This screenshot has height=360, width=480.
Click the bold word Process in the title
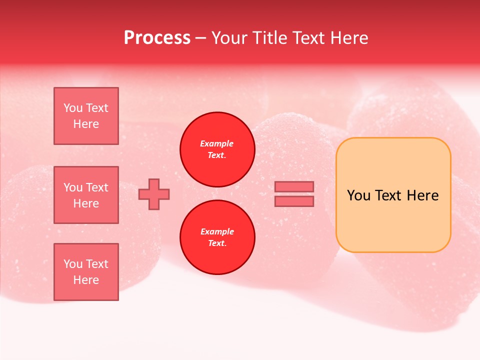pos(157,38)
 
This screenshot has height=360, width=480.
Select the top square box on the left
pos(86,116)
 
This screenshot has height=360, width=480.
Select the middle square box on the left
pos(86,195)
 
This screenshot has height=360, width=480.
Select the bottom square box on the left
pos(86,272)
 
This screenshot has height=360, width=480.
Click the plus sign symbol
pos(154,194)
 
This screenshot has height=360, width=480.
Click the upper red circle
pos(217,149)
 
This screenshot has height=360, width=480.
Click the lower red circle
pos(217,237)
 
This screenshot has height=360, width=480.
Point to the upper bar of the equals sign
pos(294,186)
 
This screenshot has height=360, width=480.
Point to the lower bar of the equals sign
pos(294,201)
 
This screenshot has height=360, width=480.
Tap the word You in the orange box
pos(358,195)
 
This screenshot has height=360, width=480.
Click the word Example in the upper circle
pos(217,143)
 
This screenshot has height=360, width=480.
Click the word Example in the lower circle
pos(217,231)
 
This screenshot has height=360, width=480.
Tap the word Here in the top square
pos(86,124)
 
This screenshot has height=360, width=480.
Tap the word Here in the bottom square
pos(86,280)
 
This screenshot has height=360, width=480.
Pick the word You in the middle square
pos(73,187)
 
